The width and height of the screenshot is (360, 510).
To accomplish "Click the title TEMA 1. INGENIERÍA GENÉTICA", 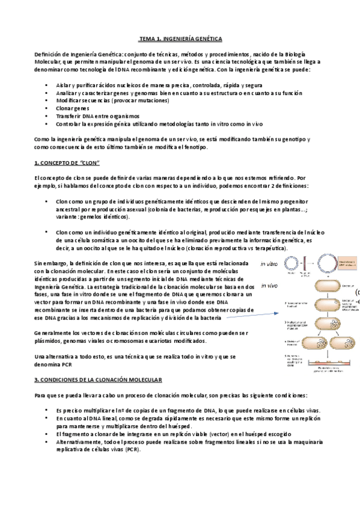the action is pos(180,38).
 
